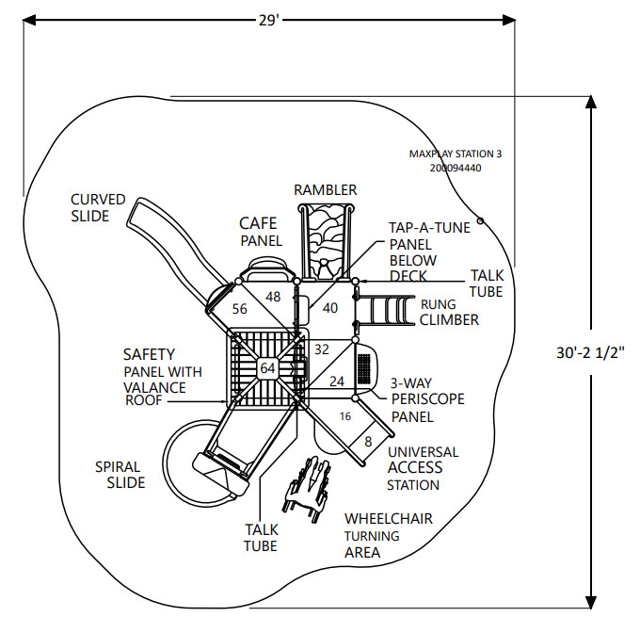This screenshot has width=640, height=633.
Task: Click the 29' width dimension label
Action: [268, 20]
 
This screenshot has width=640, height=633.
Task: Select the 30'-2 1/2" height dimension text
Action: [590, 352]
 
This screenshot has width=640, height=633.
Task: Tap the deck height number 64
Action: [267, 368]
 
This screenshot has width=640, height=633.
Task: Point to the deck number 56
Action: [240, 309]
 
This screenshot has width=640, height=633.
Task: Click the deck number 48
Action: [273, 297]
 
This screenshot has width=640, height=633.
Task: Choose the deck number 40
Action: [330, 307]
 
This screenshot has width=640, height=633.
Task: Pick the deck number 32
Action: [322, 349]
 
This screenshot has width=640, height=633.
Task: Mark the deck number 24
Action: [337, 381]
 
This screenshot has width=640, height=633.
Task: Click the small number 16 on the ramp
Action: [345, 416]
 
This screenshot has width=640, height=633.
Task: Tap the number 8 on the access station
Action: [368, 442]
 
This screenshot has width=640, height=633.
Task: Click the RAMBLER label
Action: [326, 190]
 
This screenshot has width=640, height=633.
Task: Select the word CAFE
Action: [258, 223]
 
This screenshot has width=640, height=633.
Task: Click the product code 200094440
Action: [456, 168]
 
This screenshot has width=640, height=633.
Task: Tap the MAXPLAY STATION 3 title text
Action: [456, 154]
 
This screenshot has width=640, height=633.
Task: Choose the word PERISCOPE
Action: [427, 399]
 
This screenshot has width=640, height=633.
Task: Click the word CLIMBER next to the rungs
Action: [449, 319]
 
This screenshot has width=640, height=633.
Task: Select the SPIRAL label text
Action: [118, 467]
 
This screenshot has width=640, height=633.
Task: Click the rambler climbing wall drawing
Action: [326, 243]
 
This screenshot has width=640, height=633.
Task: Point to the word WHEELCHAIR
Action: [389, 519]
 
